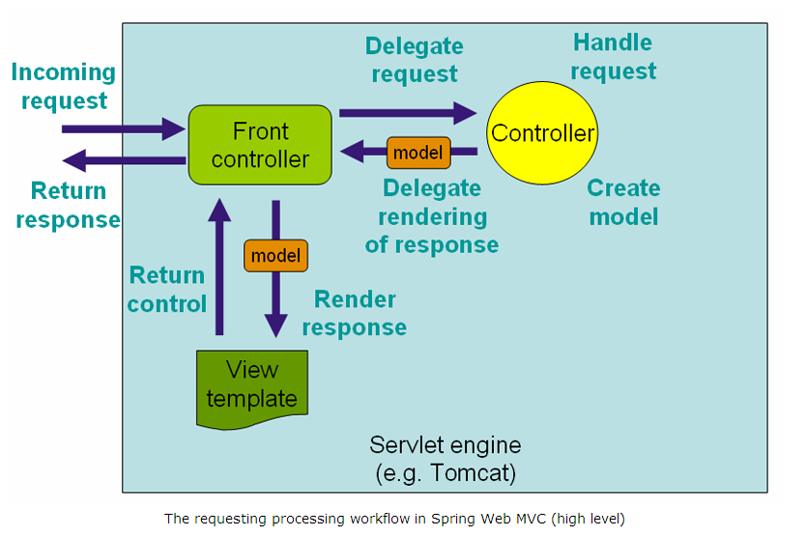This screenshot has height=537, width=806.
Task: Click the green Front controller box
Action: point(260,145)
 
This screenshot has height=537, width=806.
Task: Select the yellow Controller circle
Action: point(542,133)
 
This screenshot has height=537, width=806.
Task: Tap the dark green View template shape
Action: point(252,385)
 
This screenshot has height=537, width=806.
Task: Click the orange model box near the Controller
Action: point(418,153)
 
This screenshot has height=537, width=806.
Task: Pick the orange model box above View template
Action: point(275,256)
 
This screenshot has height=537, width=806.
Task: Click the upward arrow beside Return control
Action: point(220,266)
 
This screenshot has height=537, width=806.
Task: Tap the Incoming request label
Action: point(64,86)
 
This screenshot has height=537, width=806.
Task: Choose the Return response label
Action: point(68,205)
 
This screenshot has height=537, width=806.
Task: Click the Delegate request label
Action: point(414,60)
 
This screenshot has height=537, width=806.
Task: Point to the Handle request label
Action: point(613,56)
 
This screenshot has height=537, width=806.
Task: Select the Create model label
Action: point(623,202)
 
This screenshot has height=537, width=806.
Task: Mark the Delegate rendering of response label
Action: point(431,216)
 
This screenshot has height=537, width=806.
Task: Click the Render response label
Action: point(355,314)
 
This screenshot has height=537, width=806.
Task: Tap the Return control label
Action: point(167,290)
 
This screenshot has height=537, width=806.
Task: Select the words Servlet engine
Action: point(445,445)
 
